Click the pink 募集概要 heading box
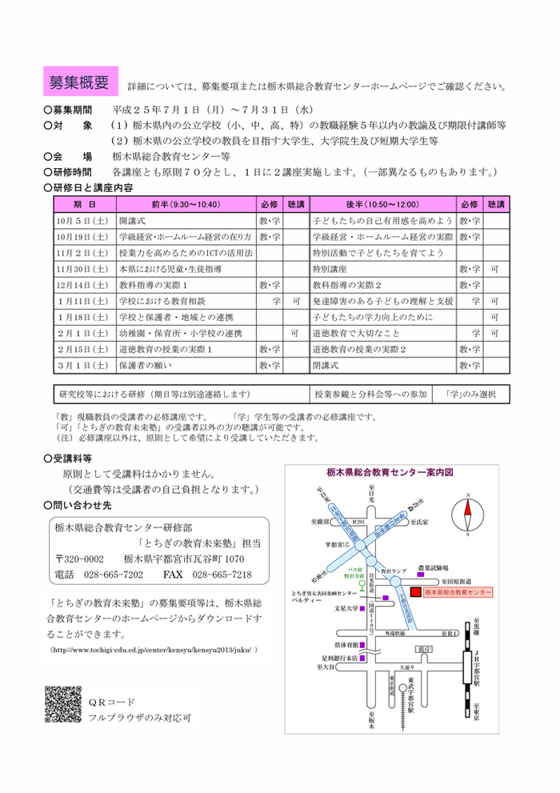pos(79,82)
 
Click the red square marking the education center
pos(414,592)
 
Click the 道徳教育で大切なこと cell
pos(346,332)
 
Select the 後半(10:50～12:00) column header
pos(382,204)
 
